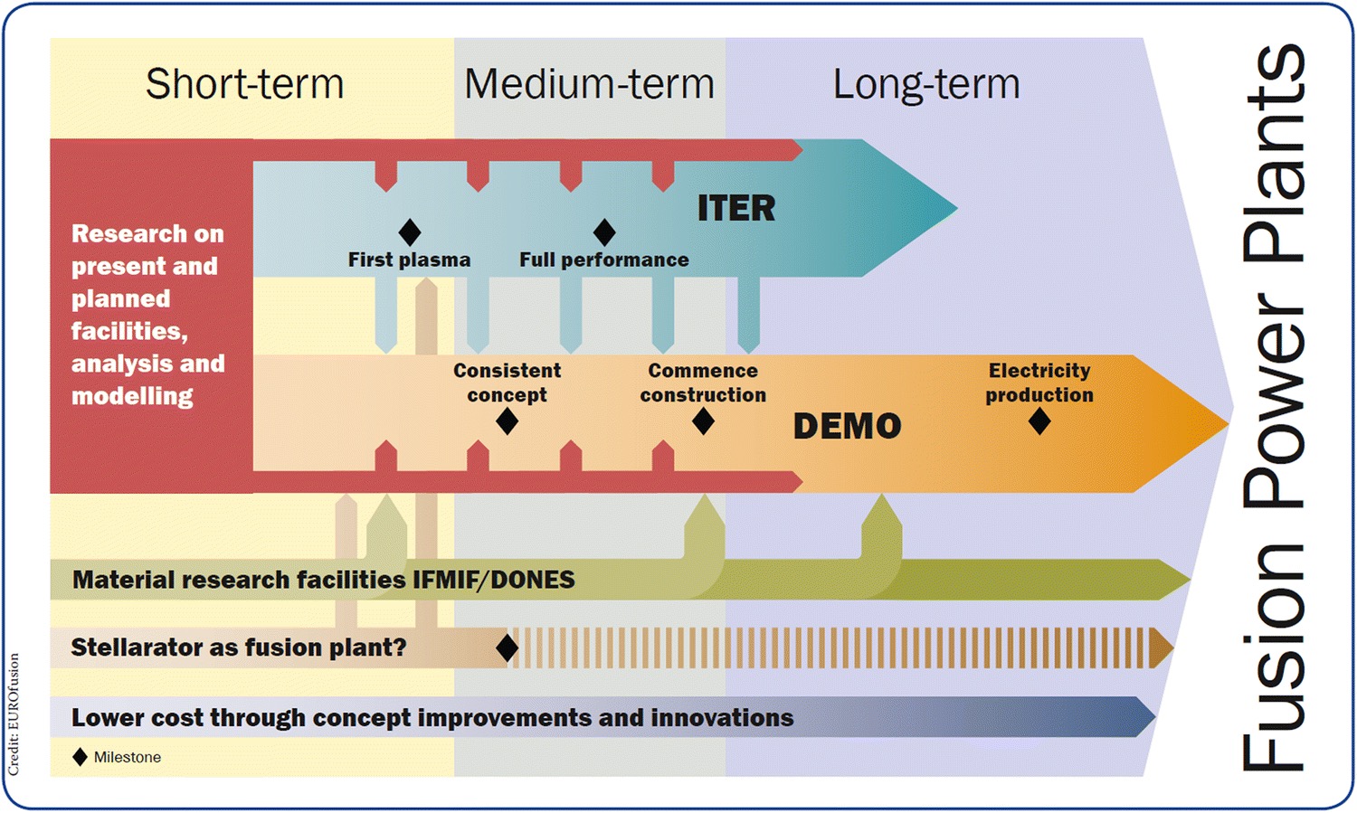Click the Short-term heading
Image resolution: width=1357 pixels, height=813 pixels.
244,84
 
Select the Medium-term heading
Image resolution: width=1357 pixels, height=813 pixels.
589,84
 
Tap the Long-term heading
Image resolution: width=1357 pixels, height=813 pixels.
926,84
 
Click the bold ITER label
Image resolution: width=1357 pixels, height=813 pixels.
736,208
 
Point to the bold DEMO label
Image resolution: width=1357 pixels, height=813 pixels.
847,426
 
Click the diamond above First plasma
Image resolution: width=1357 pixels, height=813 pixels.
410,232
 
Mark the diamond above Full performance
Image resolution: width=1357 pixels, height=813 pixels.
604,232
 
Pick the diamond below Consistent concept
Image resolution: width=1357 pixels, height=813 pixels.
508,421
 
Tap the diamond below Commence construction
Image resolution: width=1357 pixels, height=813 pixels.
703,421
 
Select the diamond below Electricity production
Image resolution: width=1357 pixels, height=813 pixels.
1039,421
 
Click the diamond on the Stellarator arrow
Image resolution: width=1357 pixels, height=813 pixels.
508,648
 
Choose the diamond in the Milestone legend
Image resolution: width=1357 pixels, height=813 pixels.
81,757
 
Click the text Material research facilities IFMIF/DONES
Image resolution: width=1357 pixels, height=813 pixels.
323,580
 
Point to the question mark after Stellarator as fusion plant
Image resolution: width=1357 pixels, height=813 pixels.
400,648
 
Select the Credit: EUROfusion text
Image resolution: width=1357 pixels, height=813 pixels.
14,714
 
